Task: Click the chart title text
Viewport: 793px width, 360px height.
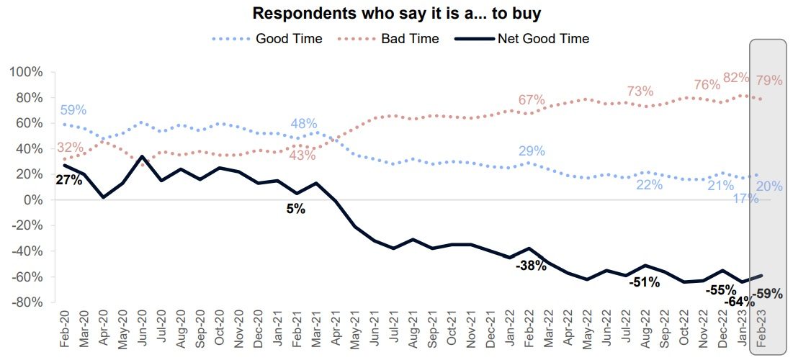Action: [x=395, y=14]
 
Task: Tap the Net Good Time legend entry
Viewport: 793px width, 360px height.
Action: [x=543, y=39]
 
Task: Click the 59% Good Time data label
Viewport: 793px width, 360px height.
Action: [x=72, y=110]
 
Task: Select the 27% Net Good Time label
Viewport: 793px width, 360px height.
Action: [x=69, y=180]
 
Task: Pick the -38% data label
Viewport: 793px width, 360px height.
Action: [x=531, y=266]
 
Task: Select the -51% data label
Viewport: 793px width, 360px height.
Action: [x=644, y=282]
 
